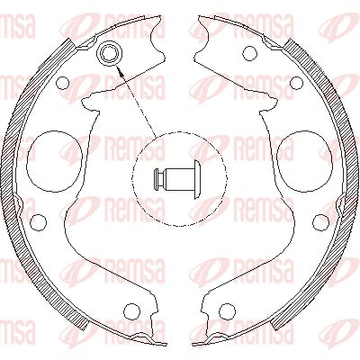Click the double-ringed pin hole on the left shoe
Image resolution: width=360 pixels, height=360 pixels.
(x=111, y=54)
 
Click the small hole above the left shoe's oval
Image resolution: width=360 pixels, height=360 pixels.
(x=62, y=84)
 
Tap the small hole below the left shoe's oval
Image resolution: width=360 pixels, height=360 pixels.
(x=38, y=221)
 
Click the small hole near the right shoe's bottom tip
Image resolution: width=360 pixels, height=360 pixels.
(x=228, y=311)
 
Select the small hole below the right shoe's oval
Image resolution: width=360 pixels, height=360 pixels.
(x=320, y=221)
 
